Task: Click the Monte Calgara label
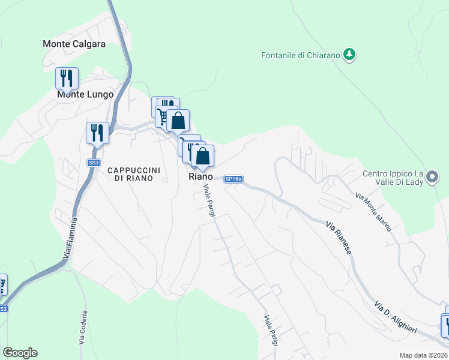(74, 44)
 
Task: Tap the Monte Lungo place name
(85, 94)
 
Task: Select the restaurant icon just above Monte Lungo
(67, 79)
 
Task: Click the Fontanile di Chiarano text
(301, 55)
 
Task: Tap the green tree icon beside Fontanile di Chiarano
(349, 55)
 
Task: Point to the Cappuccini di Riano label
(134, 174)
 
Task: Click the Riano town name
(200, 176)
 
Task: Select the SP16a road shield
(234, 179)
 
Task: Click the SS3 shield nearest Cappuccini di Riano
(93, 163)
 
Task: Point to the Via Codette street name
(83, 327)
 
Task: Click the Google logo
(20, 353)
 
